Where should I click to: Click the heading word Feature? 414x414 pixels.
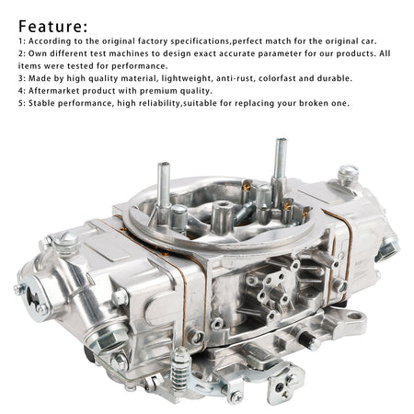tap(52, 27)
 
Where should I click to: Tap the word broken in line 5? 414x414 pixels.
tap(314, 103)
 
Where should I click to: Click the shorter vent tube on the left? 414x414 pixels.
tap(164, 189)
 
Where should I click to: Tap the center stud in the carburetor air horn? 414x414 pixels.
tap(223, 215)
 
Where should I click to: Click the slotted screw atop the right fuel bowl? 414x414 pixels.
tap(348, 174)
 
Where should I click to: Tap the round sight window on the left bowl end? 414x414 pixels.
tap(34, 295)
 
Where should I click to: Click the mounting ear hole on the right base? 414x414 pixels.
tap(355, 316)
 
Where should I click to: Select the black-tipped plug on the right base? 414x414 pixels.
tap(309, 340)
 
